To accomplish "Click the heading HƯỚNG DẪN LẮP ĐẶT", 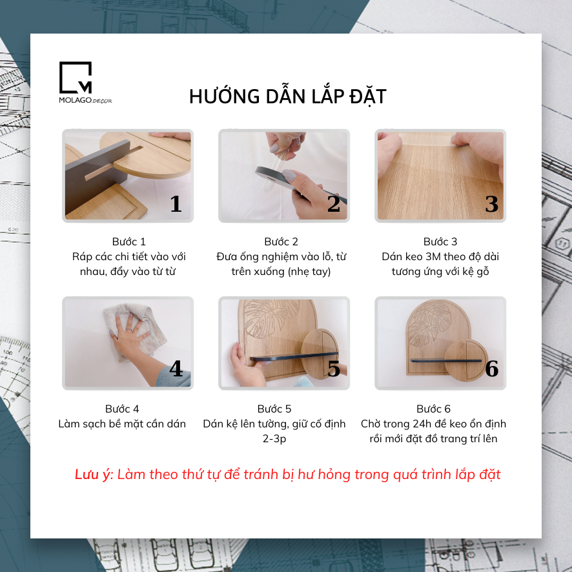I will point(288,96).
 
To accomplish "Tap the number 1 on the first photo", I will point(176,203).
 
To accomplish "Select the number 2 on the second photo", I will point(333,203).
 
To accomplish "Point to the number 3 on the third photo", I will point(491,203).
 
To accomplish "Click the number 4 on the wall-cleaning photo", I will point(176,369).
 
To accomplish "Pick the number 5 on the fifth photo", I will point(333,369).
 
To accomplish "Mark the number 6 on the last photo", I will point(491,369).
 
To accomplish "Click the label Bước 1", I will point(129,241).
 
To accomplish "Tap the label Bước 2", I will point(281,241).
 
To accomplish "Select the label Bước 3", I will point(440,241).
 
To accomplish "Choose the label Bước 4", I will point(122,409).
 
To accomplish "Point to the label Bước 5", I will point(274,409).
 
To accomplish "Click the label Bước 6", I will point(433,409).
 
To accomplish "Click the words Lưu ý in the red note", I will point(94,475).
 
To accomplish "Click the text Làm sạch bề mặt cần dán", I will point(122,424).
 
